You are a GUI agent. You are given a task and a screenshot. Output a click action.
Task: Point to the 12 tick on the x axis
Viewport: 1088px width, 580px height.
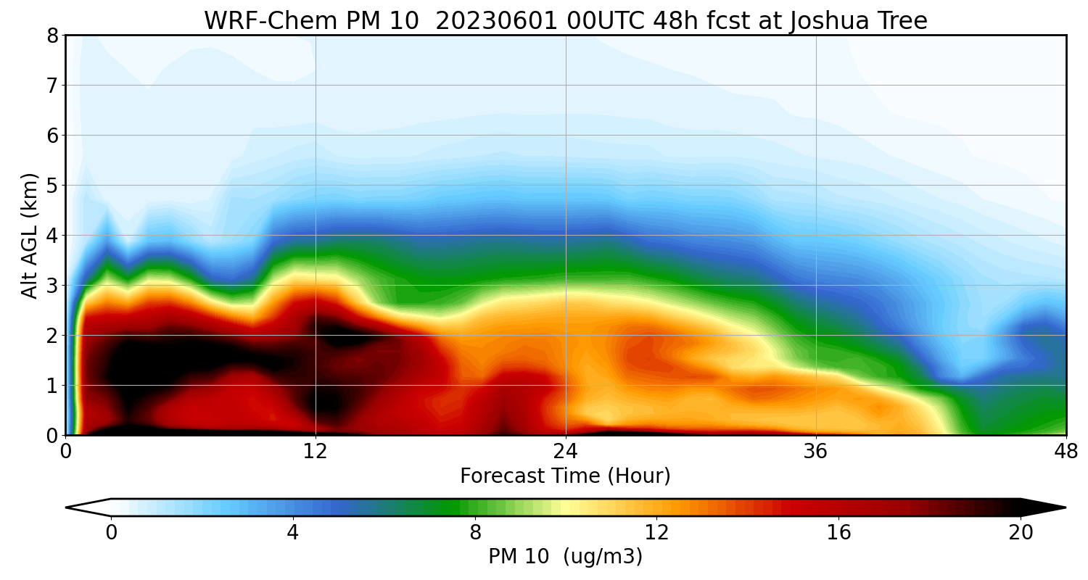click(x=316, y=451)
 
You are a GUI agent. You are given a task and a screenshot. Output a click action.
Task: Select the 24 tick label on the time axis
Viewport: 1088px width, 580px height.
click(x=566, y=451)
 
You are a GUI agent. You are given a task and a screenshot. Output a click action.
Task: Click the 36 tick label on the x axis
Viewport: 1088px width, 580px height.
click(x=816, y=451)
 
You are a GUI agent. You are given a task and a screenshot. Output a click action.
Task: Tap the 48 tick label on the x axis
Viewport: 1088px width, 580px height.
click(x=1066, y=451)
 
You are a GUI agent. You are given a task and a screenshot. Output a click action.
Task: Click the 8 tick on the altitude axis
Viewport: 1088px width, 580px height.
click(x=52, y=36)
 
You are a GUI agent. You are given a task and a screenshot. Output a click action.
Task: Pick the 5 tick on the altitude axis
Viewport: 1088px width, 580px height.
click(x=52, y=186)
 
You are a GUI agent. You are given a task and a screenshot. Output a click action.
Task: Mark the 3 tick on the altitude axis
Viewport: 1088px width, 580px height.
click(x=52, y=286)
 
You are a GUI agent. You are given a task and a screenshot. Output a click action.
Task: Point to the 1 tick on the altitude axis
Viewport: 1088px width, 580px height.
click(x=52, y=386)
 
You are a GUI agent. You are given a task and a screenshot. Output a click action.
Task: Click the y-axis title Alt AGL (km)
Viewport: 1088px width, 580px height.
click(x=30, y=235)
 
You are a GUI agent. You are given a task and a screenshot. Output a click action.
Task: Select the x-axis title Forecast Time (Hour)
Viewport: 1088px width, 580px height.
click(x=565, y=476)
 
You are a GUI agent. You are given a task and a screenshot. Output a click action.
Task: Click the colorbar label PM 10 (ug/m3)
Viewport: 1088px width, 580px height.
click(x=565, y=557)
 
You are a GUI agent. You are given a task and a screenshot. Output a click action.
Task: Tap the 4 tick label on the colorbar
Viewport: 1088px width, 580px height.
click(x=292, y=534)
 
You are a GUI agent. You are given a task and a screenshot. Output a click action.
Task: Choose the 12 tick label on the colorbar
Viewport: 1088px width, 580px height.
click(x=656, y=534)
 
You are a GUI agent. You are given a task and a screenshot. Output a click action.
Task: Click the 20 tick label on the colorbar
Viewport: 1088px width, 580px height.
click(x=1021, y=534)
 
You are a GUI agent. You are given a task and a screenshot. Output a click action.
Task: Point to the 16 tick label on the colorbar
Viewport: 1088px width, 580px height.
click(x=838, y=534)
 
